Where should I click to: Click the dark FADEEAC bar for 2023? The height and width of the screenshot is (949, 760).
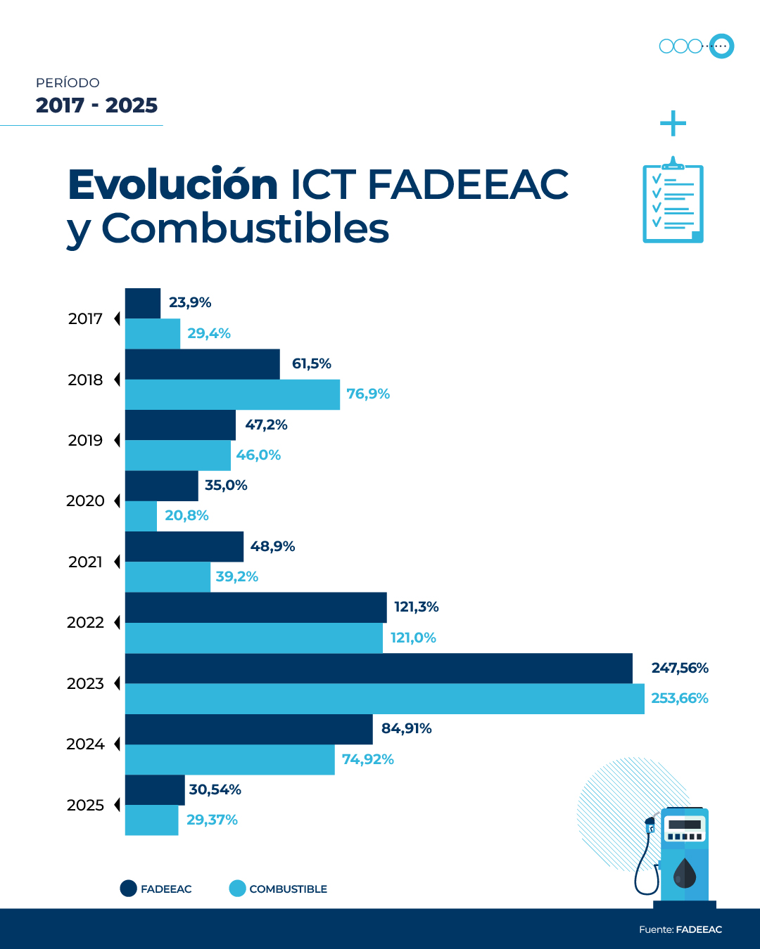[x=379, y=669]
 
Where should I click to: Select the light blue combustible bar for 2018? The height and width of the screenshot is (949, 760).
[x=232, y=394]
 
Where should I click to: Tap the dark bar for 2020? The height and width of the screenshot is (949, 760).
[x=162, y=486]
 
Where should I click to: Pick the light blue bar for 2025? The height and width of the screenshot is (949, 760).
[x=151, y=820]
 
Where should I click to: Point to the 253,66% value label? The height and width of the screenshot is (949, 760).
[x=679, y=699]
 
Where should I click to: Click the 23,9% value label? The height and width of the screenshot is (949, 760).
[x=190, y=303]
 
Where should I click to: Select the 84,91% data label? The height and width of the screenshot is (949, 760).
[x=406, y=729]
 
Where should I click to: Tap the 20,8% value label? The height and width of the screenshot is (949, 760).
[x=186, y=516]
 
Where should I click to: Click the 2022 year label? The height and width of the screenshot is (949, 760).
[x=85, y=623]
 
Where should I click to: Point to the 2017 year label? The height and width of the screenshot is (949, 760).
[x=85, y=319]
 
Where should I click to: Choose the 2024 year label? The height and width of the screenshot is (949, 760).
[x=85, y=744]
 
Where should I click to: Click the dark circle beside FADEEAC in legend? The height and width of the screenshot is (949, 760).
[x=128, y=889]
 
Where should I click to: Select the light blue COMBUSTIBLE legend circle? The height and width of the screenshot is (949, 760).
[x=237, y=889]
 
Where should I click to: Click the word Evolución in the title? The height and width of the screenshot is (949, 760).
[x=173, y=185]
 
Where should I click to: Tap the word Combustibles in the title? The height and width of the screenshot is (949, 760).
[x=245, y=228]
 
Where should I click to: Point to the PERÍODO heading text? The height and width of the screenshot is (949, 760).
[x=68, y=83]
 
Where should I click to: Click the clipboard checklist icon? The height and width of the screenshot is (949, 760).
[x=673, y=202]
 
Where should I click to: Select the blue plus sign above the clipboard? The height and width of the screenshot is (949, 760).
[x=673, y=124]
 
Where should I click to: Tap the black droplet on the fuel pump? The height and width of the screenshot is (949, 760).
[x=684, y=874]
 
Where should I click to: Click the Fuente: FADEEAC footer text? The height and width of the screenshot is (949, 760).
[x=680, y=929]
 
